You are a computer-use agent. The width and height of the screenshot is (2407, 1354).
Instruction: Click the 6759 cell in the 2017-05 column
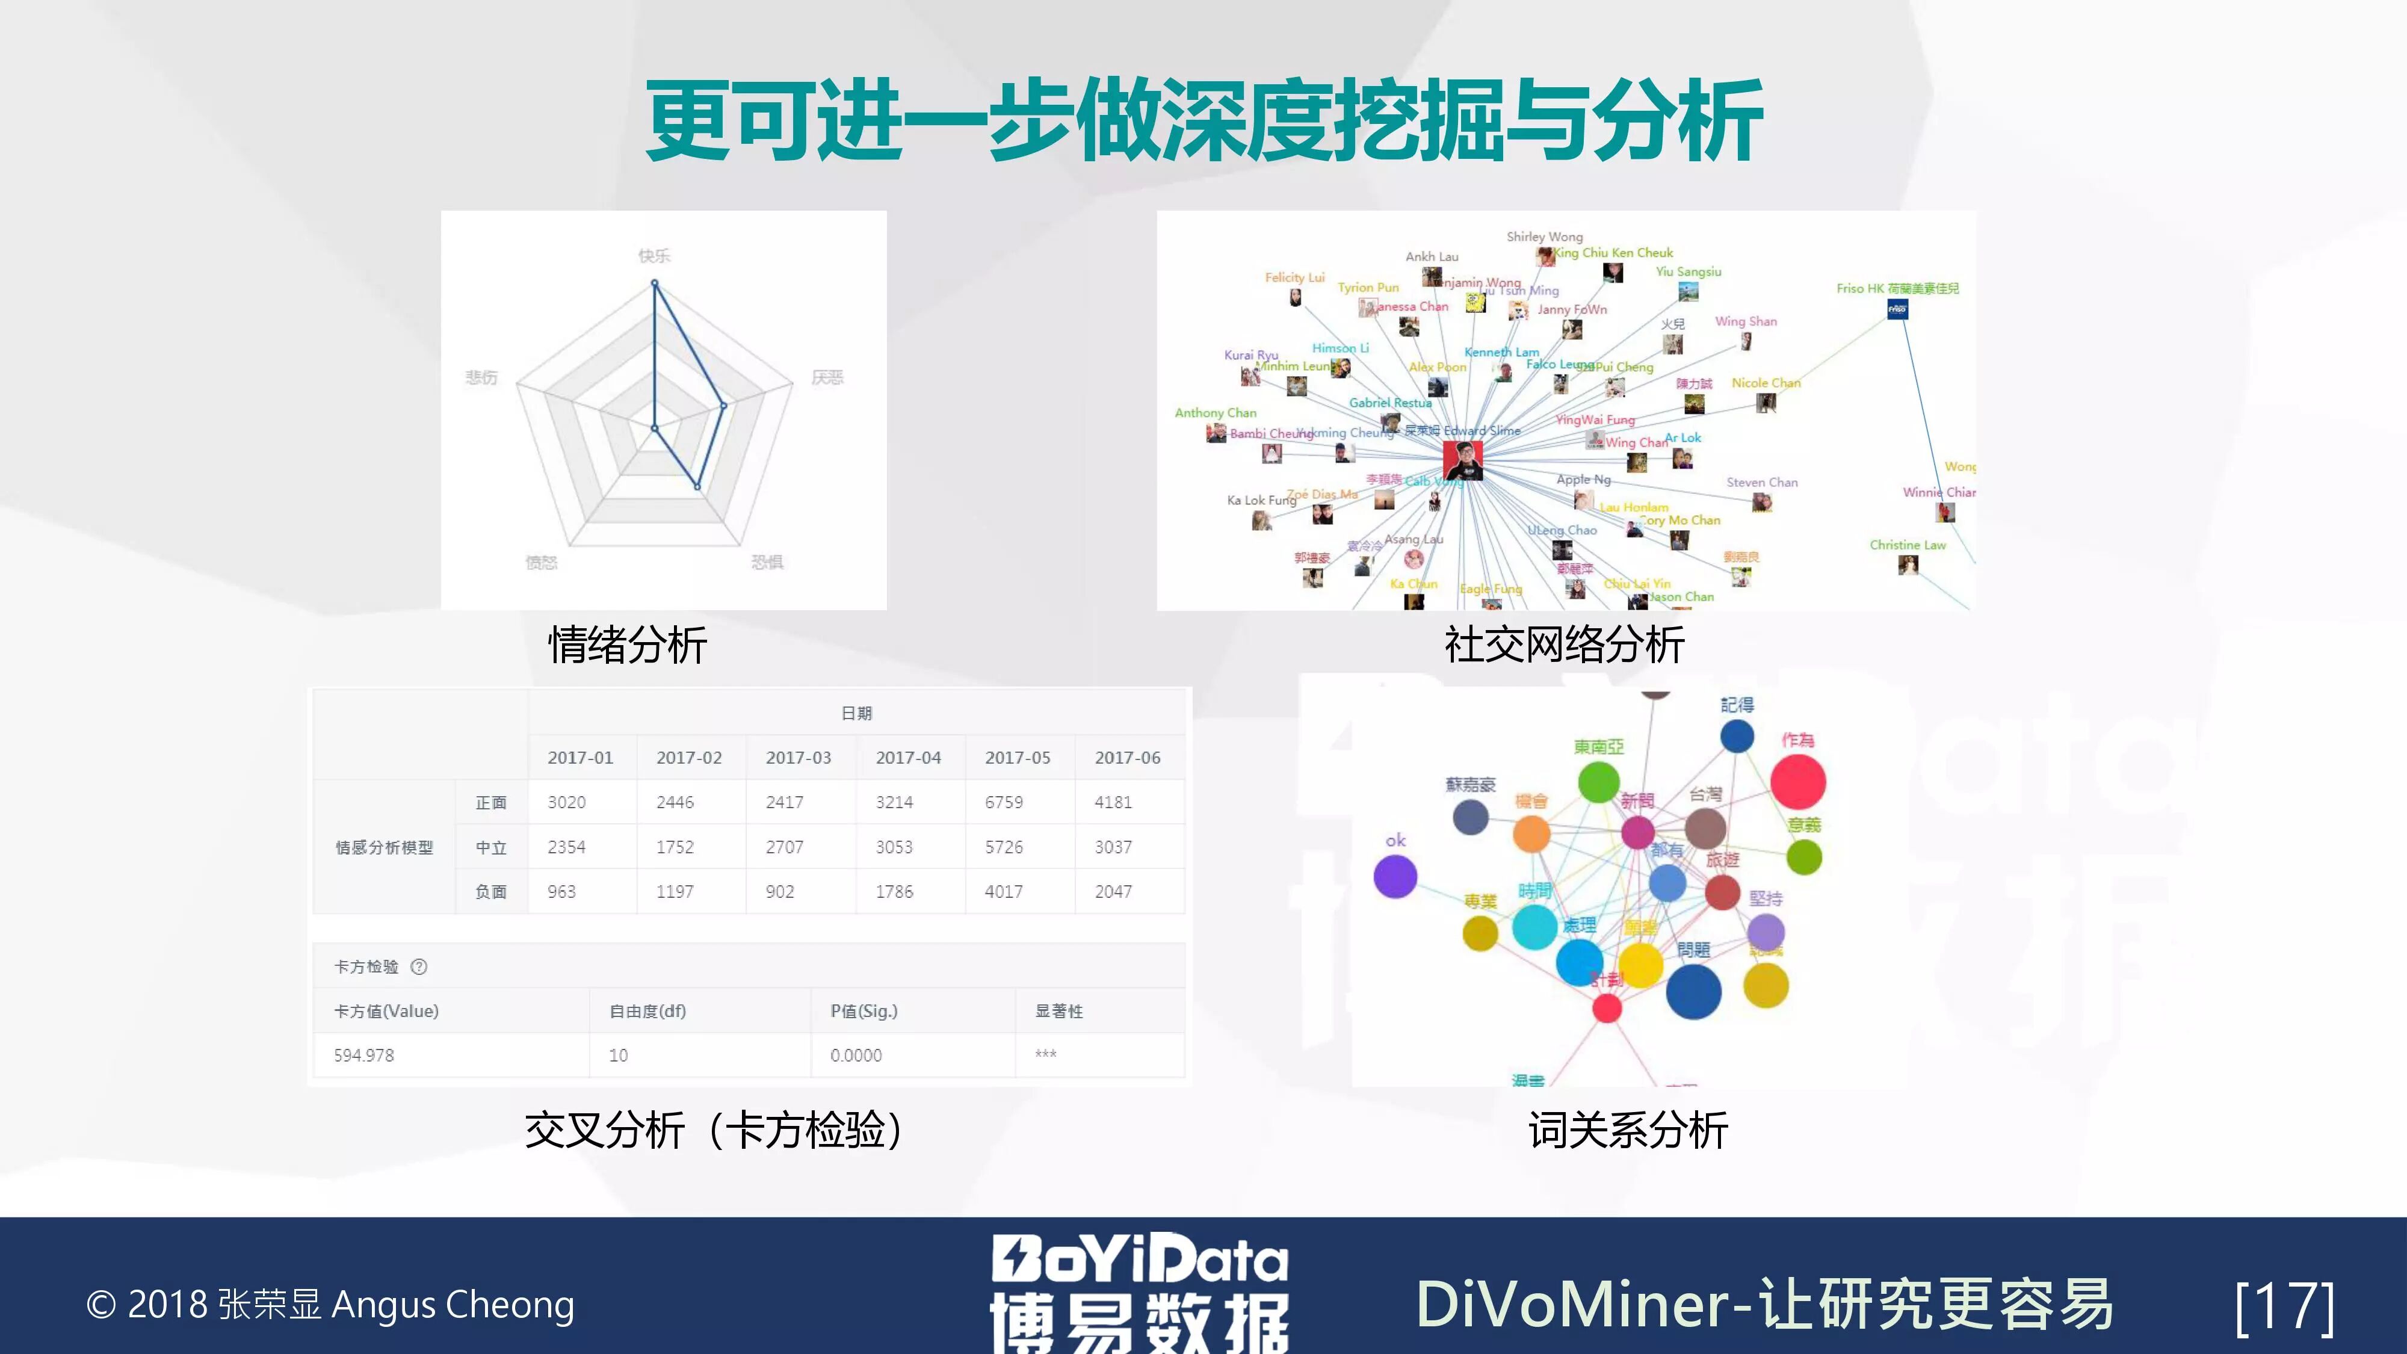[x=1004, y=802]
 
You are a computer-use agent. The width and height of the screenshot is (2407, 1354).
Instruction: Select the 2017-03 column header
[x=798, y=757]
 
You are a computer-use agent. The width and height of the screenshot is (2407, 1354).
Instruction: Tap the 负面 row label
[x=490, y=891]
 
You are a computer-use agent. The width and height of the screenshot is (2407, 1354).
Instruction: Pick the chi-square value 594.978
[x=365, y=1055]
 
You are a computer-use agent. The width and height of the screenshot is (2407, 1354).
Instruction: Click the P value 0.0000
[x=856, y=1055]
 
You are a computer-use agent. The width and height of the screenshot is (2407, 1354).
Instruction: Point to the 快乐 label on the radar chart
[x=654, y=255]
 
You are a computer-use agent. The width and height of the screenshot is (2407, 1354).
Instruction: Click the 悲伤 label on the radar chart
[x=482, y=377]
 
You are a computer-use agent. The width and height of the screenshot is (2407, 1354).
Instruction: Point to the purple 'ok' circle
[x=1395, y=877]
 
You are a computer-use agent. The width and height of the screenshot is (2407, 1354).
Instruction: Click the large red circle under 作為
[x=1798, y=781]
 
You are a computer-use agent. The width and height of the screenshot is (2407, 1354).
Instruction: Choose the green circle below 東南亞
[x=1598, y=781]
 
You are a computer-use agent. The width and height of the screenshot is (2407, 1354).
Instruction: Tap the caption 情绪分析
[x=627, y=645]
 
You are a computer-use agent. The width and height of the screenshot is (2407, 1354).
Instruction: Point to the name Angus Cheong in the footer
[x=453, y=1305]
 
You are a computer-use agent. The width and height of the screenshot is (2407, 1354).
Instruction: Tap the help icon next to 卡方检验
[x=419, y=966]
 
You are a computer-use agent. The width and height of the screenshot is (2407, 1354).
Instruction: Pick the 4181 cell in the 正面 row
[x=1113, y=802]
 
